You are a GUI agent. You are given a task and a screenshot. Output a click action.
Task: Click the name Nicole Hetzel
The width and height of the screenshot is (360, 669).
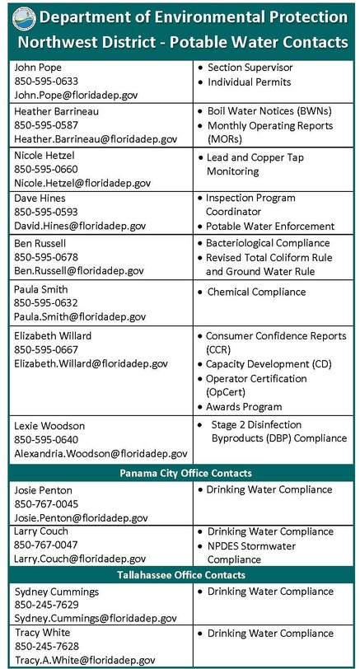(47, 154)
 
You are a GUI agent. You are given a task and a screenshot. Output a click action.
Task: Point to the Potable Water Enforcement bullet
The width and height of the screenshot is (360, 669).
(269, 226)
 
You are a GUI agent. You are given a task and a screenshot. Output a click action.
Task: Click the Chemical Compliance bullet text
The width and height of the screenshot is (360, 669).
(255, 292)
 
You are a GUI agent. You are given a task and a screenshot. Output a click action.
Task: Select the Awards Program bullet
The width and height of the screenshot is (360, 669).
(243, 406)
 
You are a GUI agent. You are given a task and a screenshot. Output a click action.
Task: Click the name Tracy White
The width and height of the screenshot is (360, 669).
(41, 633)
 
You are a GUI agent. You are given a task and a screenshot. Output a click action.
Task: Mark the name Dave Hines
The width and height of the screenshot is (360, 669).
(42, 199)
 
